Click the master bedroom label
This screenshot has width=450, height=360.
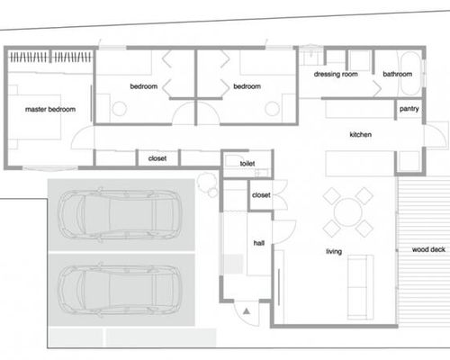[x=50, y=109]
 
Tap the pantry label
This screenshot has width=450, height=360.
[x=409, y=109]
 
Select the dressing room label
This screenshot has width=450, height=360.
[x=336, y=74]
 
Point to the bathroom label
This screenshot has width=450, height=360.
[x=397, y=74]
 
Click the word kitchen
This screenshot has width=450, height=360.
[x=361, y=134]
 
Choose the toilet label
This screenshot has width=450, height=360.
[x=247, y=164]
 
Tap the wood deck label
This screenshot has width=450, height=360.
[x=428, y=249]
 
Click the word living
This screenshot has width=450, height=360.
[x=334, y=251]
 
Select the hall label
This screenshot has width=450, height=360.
[x=259, y=243]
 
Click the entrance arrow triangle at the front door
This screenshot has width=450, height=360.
[x=247, y=311]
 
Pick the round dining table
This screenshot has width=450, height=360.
[x=348, y=212]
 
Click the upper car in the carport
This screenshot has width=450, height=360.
[x=120, y=215]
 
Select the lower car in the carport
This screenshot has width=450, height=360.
[x=120, y=290]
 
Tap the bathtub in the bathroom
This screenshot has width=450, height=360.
[x=409, y=74]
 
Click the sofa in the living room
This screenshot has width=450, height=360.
[x=360, y=287]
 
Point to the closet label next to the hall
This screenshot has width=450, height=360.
[x=261, y=195]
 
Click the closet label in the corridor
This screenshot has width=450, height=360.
[x=157, y=158]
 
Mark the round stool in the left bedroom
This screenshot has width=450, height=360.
[x=119, y=109]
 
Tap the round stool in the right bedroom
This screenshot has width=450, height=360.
[x=273, y=109]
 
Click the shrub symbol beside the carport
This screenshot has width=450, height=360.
[x=207, y=184]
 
